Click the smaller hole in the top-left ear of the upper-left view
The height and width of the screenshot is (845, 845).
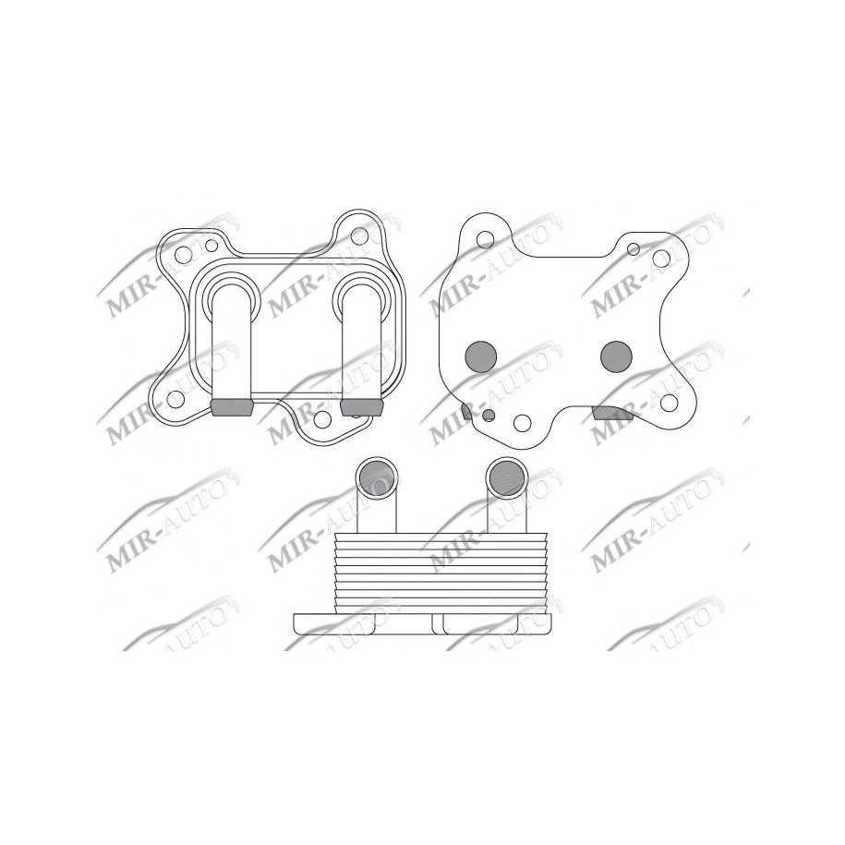click(211, 246)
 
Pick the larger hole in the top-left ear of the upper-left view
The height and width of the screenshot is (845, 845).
click(183, 254)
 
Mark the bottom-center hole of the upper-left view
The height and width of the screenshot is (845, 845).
click(321, 417)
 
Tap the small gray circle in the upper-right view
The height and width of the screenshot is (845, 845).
click(488, 416)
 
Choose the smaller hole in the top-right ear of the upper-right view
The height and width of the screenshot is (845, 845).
click(634, 248)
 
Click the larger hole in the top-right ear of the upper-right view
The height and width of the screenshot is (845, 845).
click(661, 258)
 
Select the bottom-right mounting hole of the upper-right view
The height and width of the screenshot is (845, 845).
click(669, 402)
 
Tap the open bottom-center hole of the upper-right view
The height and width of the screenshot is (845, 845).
click(522, 424)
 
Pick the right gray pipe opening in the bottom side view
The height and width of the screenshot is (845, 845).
click(505, 476)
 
